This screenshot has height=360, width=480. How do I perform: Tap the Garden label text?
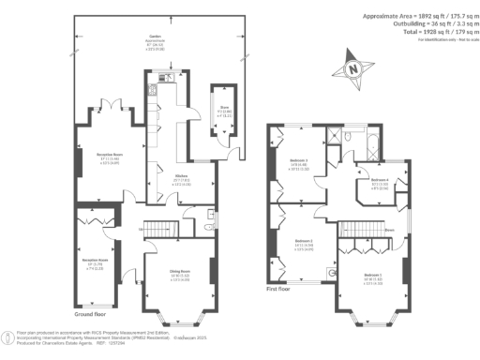[92, 37]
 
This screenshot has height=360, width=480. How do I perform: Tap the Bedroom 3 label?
[299, 163]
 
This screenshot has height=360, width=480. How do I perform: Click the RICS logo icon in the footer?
[8, 335]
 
